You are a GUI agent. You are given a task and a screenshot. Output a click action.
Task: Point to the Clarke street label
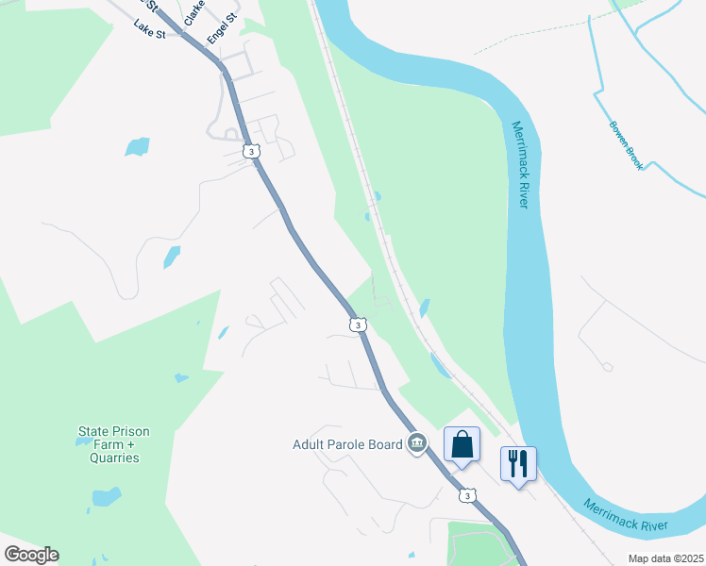tap(195, 12)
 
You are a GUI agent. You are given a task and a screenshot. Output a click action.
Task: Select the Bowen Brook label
tap(626, 145)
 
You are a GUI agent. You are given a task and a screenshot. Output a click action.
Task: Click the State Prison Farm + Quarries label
tap(113, 444)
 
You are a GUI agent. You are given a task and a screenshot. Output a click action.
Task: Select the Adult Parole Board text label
tap(347, 444)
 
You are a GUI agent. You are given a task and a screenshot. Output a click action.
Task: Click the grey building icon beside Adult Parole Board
tap(417, 443)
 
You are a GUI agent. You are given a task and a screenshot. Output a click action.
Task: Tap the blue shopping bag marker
tap(462, 444)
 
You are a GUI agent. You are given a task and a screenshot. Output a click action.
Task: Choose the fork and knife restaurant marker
tap(517, 464)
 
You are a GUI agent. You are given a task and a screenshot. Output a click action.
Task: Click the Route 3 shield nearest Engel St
tap(250, 150)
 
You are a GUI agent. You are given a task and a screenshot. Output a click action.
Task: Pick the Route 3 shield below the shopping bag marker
tap(466, 494)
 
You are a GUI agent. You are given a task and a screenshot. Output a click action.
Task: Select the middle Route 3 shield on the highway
tap(356, 325)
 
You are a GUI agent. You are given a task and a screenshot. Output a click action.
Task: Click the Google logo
tap(31, 555)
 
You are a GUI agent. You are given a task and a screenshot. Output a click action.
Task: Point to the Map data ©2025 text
tap(664, 558)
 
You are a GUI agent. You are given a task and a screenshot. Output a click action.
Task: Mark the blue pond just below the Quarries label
tap(106, 497)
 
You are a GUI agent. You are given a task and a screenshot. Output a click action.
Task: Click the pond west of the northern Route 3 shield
tap(137, 146)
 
